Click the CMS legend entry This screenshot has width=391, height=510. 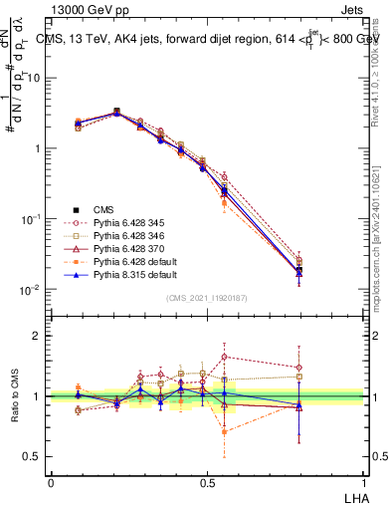pos(103,209)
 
